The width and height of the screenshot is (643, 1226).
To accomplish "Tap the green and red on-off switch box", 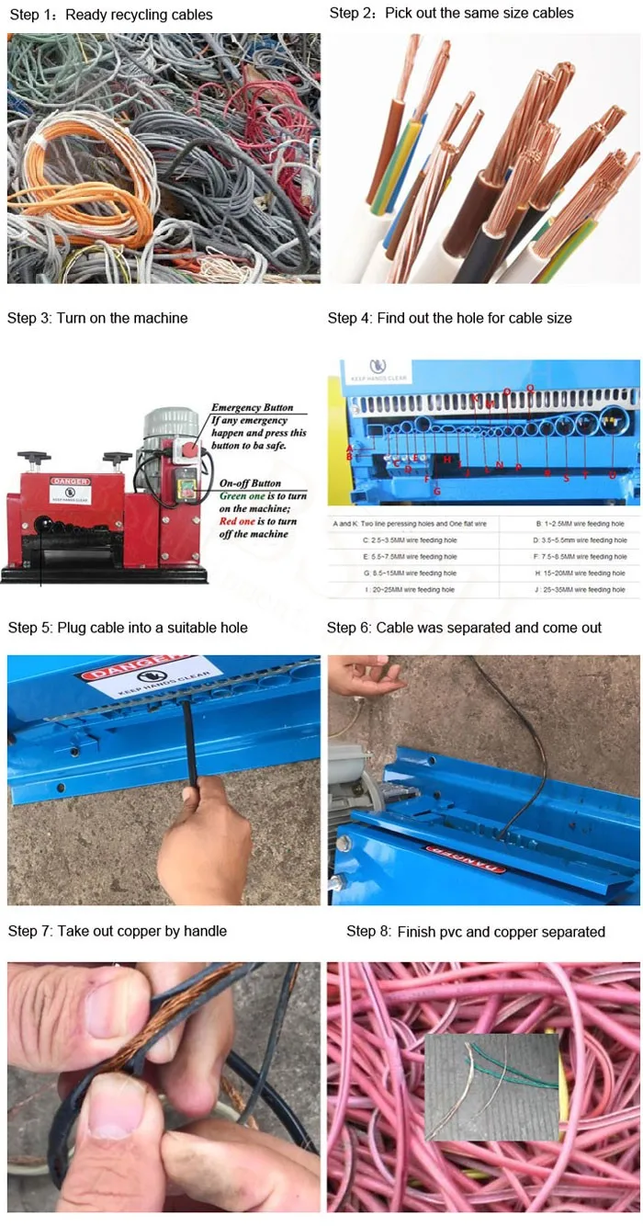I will pyautogui.click(x=187, y=484).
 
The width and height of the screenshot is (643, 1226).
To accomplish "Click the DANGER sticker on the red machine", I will pyautogui.click(x=70, y=482).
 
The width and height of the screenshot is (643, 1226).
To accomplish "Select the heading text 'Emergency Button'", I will pyautogui.click(x=252, y=407).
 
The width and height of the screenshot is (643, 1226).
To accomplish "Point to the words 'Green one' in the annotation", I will pyautogui.click(x=241, y=496).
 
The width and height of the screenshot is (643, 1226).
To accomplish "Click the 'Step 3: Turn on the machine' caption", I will pyautogui.click(x=97, y=318).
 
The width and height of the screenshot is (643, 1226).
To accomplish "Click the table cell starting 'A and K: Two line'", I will pyautogui.click(x=412, y=524).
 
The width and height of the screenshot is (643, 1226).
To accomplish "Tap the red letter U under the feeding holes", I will pyautogui.click(x=612, y=475).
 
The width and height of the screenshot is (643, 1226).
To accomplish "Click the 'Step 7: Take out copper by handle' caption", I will pyautogui.click(x=117, y=931).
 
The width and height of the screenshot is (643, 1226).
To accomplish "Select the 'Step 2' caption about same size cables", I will pyautogui.click(x=451, y=13).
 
